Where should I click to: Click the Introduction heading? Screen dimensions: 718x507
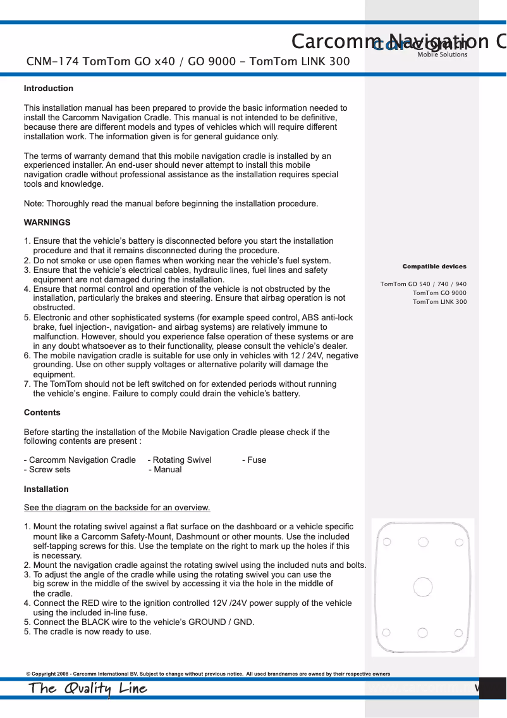tap(49, 89)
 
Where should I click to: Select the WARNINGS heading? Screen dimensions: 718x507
tap(47, 223)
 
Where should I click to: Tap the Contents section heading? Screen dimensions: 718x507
tap(42, 413)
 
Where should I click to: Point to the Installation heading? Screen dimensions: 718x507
tap(46, 489)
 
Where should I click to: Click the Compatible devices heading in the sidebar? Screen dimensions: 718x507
tap(434, 267)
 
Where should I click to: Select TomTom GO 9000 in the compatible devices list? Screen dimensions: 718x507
tap(439, 293)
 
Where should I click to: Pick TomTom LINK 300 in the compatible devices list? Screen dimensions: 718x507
tap(439, 302)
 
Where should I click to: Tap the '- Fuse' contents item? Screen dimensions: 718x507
tap(254, 460)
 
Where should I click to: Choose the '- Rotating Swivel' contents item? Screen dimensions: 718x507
tap(180, 460)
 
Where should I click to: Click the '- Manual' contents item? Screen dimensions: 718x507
tap(165, 470)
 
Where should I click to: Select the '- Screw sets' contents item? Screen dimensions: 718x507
tap(47, 470)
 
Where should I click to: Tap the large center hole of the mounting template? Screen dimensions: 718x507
tap(422, 587)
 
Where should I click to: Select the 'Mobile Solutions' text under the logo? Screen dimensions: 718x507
tap(442, 54)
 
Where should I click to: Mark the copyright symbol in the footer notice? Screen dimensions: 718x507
tap(28, 674)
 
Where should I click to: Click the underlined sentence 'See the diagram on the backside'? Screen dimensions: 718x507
tap(117, 508)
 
